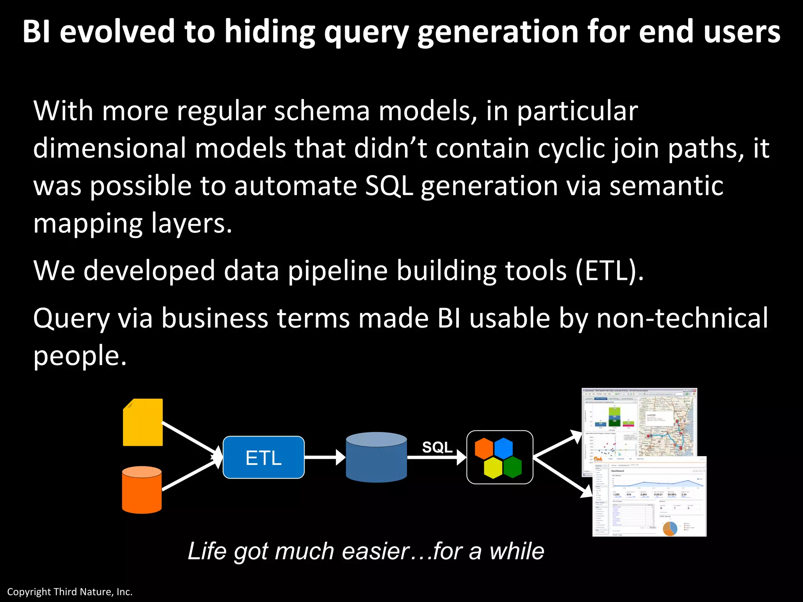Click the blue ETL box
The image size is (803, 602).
point(263,457)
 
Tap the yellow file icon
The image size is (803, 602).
point(143,422)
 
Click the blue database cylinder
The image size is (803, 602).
point(376,457)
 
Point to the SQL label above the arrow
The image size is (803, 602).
point(437,447)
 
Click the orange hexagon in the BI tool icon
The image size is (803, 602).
point(484,448)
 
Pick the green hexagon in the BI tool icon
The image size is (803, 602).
point(512,467)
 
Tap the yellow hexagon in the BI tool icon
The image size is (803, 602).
point(493,468)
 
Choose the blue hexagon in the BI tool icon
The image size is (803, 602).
point(503,448)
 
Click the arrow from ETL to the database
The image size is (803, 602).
point(324,457)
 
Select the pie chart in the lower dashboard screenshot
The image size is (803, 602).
point(670,528)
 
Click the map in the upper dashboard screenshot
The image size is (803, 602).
point(667,427)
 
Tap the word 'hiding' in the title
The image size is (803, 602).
point(270,32)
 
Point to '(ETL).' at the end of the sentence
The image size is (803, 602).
point(609,271)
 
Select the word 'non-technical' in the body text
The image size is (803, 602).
point(682,318)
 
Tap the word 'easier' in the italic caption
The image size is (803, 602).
point(376,551)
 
